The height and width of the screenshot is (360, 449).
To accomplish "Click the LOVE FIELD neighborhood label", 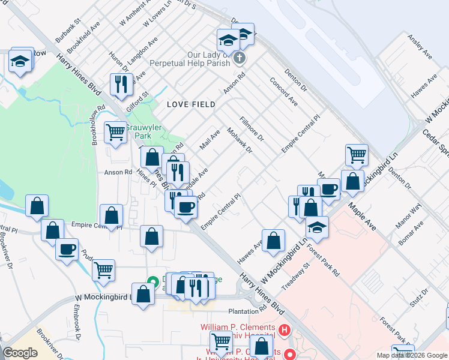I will pyautogui.click(x=191, y=104).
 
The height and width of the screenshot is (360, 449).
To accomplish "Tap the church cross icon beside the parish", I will pyautogui.click(x=240, y=58).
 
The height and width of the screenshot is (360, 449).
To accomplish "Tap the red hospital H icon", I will pyautogui.click(x=285, y=330).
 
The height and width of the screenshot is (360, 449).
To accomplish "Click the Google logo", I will pyautogui.click(x=20, y=353).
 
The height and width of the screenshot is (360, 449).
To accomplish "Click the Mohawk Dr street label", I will pyautogui.click(x=240, y=140).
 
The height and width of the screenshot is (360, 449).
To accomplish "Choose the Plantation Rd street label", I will pyautogui.click(x=248, y=311).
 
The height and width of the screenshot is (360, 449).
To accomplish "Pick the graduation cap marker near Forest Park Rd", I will pyautogui.click(x=317, y=228).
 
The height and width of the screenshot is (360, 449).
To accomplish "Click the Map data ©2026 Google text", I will pyautogui.click(x=411, y=355).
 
